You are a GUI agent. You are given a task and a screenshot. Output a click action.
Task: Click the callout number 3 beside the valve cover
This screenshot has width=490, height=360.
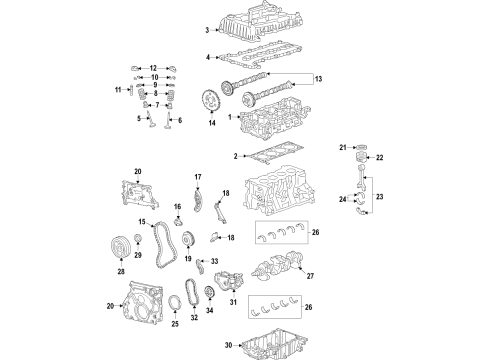tap(207, 31)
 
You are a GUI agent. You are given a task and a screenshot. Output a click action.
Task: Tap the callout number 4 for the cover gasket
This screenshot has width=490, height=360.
tap(207, 57)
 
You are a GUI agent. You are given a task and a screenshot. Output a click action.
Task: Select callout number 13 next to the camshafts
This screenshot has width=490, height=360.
tap(319, 79)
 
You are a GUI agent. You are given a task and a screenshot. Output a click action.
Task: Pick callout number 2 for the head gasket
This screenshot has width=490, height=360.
tap(235, 155)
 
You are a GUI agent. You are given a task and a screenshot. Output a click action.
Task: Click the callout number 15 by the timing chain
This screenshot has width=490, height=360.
tap(143, 222)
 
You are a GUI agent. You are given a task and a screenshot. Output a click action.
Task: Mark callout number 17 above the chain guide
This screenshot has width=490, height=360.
tap(197, 177)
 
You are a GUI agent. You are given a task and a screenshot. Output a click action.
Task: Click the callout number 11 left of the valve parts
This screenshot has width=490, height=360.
tap(116, 91)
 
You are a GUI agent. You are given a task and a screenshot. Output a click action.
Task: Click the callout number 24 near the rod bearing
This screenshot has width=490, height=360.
tap(343, 200)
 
